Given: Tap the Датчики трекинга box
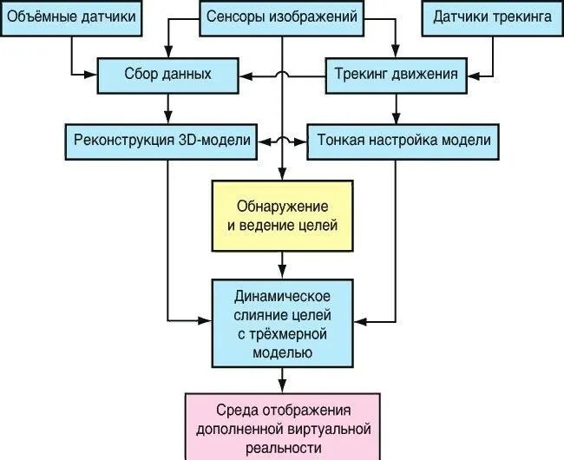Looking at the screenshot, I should point(493,17).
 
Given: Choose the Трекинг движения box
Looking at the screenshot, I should point(397,74).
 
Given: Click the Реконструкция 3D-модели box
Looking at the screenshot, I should point(162,140).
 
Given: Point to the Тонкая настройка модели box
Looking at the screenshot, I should point(404,140).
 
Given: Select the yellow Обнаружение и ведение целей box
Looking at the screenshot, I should point(282,215).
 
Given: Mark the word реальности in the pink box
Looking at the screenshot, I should point(283,446).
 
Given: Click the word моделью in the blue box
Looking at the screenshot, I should point(282,352).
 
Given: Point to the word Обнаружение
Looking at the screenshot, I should point(282,206).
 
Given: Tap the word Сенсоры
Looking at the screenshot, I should point(238,17).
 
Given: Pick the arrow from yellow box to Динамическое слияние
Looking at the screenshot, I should point(282,263).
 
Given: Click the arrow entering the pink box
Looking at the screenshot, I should point(282,380).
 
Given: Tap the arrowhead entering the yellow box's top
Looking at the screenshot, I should point(282,174).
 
